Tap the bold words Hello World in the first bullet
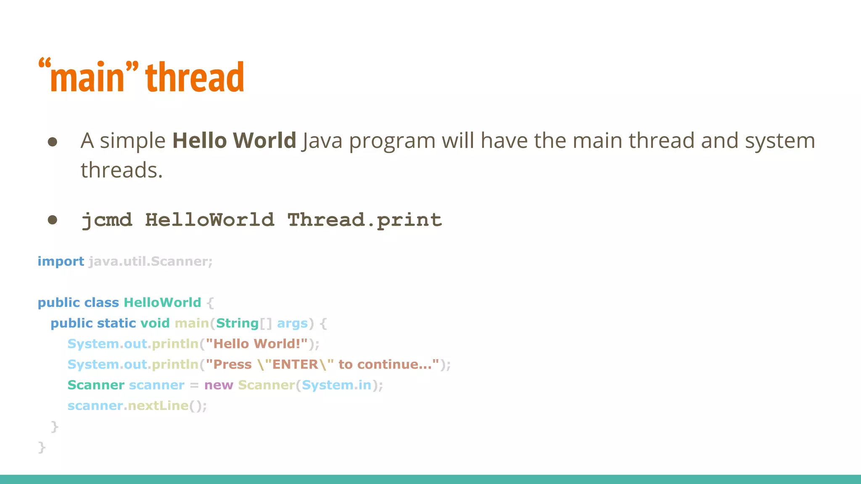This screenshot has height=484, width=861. coord(234,140)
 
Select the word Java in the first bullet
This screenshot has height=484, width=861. coord(322,141)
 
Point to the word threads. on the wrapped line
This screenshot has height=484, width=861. coord(121,170)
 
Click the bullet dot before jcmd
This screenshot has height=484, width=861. coord(53,220)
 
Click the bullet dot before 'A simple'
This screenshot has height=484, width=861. coord(53,142)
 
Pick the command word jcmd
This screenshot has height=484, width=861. coord(107,220)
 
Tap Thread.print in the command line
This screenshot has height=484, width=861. coord(364,220)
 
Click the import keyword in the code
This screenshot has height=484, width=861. coord(61,261)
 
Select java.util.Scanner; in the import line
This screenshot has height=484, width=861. coord(151,261)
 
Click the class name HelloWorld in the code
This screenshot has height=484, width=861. coord(162,302)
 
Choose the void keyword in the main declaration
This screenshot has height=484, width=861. coord(155,323)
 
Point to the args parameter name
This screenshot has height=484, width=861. coord(292,324)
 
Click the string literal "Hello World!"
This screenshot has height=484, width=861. coord(256,344)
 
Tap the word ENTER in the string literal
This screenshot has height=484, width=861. coord(295,364)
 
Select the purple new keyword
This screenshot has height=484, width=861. coord(219,385)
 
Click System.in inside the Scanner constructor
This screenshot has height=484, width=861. coord(336,385)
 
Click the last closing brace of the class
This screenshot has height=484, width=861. coord(42,447)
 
